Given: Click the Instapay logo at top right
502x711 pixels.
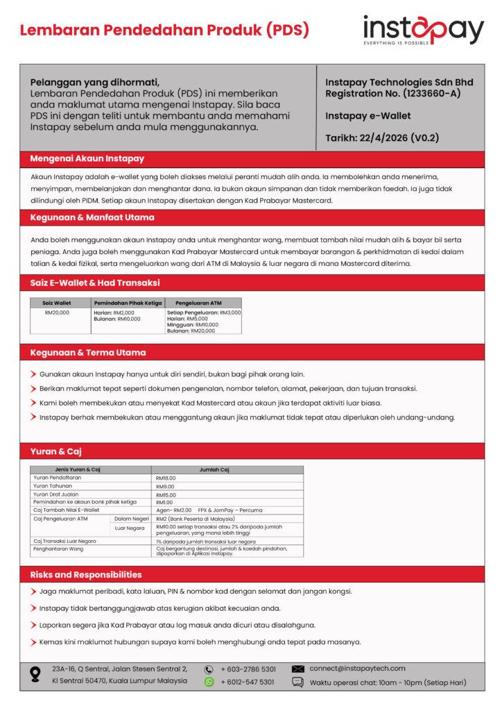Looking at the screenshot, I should [423, 31].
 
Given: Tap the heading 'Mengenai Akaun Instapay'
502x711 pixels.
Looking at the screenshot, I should [87, 158].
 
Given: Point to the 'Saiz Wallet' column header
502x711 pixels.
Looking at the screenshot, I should [57, 303].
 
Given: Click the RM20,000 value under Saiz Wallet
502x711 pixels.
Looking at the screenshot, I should [57, 312].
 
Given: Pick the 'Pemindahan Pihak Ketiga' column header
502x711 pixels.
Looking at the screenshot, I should [128, 303].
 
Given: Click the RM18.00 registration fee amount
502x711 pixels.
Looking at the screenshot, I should [166, 478].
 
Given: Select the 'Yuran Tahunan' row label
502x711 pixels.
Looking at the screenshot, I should [53, 486].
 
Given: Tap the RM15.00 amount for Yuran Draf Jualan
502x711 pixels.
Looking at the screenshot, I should [166, 494].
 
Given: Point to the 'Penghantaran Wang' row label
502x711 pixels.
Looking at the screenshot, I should [59, 549].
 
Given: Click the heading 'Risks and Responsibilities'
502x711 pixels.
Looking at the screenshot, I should [86, 575].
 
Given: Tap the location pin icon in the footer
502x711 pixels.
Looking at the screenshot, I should [35, 674].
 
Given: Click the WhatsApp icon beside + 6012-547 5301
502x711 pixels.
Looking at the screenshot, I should [209, 682].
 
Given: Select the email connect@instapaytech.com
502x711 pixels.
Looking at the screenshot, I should [357, 668].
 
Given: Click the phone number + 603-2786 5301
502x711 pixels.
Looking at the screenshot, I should [248, 669].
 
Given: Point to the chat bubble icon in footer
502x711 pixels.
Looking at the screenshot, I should [298, 682].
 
